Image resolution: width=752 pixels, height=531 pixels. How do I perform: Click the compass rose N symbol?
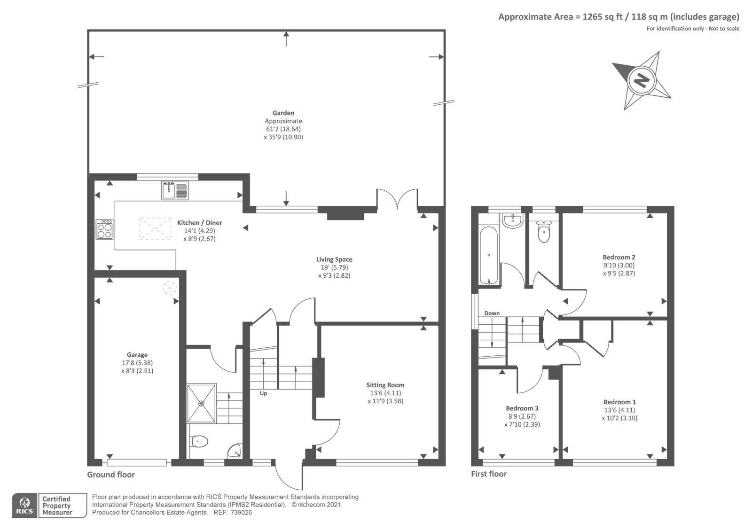point(641,80)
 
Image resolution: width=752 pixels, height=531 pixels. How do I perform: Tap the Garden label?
point(283,113)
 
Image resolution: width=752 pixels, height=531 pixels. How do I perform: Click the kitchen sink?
point(174,190)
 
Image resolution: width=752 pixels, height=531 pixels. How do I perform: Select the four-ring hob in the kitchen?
point(104,230)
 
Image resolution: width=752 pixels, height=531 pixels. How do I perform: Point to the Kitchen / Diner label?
point(199,223)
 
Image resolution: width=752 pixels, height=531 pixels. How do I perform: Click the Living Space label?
point(334,259)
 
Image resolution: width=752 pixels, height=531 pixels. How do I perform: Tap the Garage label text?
point(137,355)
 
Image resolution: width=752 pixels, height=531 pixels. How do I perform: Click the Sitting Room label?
point(385,385)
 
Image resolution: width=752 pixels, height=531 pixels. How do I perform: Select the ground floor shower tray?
point(202,403)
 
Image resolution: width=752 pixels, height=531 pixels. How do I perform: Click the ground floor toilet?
point(199,441)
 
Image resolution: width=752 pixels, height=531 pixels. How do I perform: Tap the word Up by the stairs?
point(263,393)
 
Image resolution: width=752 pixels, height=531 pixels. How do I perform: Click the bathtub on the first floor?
point(489,256)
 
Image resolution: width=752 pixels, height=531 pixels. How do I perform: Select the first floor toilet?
point(543,231)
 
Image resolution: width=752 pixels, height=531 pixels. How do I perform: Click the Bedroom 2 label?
point(619,258)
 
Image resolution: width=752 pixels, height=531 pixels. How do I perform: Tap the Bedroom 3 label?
point(522,408)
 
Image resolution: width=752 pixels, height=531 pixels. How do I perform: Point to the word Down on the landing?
point(492,313)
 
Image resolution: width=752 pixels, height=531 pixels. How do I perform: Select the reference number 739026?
point(241,513)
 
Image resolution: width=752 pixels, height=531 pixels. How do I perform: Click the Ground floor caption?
point(111,475)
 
